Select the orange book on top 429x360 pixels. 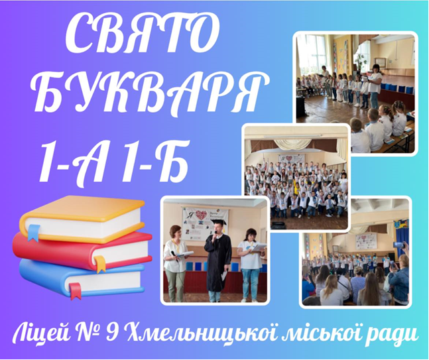tap(82, 219)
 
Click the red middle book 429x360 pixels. tap(82, 251)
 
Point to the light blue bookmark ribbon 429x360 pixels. tap(34, 232)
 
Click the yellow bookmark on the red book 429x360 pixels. tap(100, 264)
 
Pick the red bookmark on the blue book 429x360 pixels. tap(75, 291)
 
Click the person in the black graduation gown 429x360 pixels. tap(217, 260)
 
